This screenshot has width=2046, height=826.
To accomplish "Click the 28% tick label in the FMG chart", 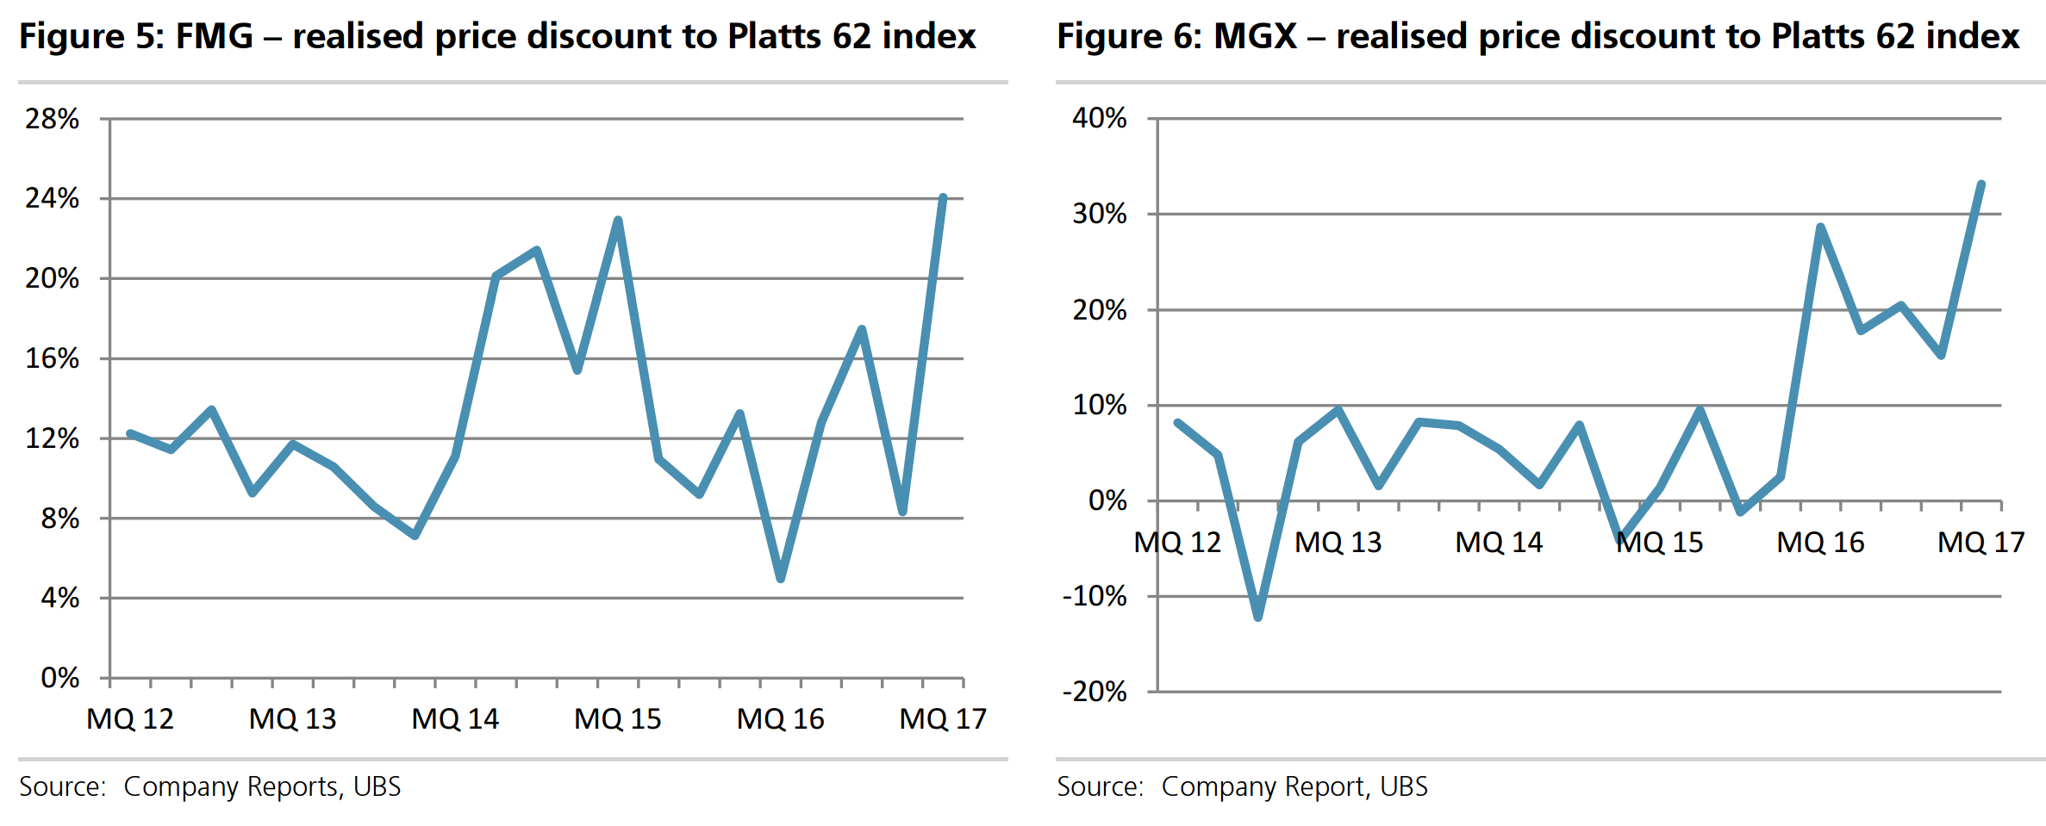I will (52, 119).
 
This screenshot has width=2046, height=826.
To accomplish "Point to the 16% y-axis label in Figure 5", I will (52, 358).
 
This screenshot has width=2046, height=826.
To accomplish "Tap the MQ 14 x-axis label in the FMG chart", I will (455, 718).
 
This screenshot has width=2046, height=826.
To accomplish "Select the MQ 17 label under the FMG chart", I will (943, 718).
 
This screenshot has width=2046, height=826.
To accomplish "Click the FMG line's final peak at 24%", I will (943, 198).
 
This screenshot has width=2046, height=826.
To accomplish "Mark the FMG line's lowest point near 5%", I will (781, 579).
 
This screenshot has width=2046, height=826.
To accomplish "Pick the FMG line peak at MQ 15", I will (618, 220).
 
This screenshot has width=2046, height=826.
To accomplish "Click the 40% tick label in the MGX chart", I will (1099, 118).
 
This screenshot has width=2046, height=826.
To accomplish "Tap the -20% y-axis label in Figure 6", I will (1095, 692).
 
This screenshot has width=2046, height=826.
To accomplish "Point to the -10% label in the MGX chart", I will (1095, 596).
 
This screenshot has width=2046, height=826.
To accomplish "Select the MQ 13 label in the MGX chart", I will (1338, 543).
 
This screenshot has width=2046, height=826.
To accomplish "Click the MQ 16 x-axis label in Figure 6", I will (1820, 543).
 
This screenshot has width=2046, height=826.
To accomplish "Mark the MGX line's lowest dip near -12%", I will (1258, 617).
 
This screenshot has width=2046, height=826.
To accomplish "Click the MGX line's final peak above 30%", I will (1981, 183).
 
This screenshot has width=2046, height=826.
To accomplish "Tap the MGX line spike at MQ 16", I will (1820, 227).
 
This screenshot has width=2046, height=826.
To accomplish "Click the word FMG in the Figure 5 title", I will (215, 36).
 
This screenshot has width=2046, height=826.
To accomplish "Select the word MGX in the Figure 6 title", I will (1255, 36).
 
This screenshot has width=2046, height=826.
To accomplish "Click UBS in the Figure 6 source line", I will (1403, 786).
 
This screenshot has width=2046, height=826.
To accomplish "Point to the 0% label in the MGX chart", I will (1107, 500).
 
